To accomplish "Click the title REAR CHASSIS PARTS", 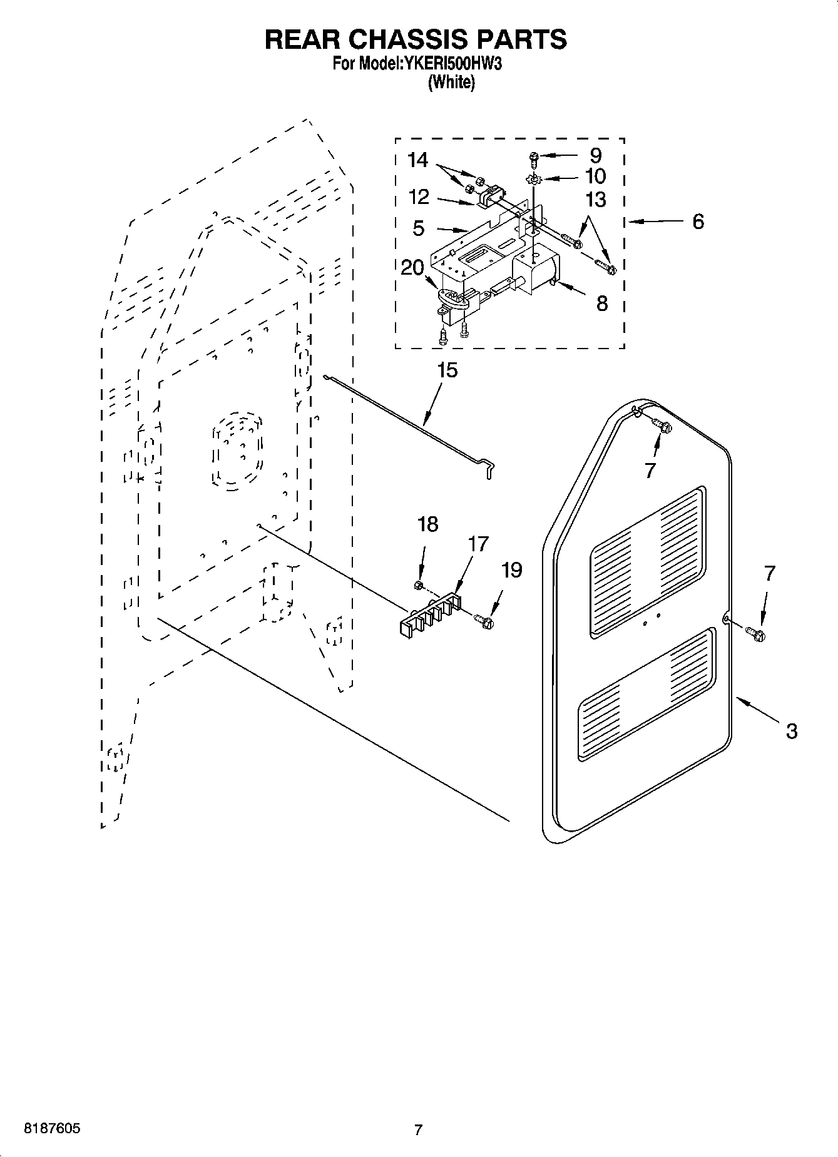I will (416, 39).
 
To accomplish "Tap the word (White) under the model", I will (451, 82).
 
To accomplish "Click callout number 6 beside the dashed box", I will (698, 221).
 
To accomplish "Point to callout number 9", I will (595, 155).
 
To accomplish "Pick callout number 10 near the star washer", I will (595, 176).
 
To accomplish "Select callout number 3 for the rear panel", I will (791, 730).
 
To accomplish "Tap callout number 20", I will (412, 267).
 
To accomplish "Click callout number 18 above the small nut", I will (428, 524).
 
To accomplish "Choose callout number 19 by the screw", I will (511, 569).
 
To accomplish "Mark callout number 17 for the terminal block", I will (478, 544).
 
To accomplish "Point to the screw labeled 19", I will (484, 621).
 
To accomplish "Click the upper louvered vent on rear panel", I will (648, 560).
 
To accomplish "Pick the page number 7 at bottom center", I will (418, 1129).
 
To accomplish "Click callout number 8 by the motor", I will (601, 303).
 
